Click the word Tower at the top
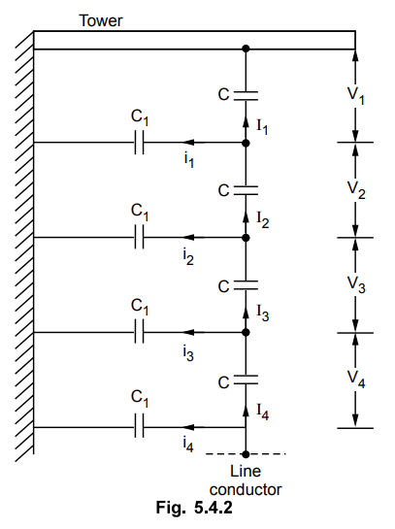pos(101,21)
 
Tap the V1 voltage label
pos(356,96)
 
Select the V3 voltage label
pos(356,285)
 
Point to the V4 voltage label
pos(356,380)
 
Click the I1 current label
pos(262,127)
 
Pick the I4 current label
pos(262,412)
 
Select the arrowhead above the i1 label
pos(188,143)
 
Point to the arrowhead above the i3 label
pos(188,332)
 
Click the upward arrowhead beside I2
pos(246,216)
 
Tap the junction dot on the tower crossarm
pos(246,49)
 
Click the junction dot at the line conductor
pos(246,454)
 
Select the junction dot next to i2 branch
pos(246,238)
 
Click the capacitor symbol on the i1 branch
pos(139,143)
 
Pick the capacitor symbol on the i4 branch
pos(139,427)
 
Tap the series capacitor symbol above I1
pos(246,96)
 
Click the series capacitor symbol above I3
pos(246,285)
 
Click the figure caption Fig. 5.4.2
pos(194,507)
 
